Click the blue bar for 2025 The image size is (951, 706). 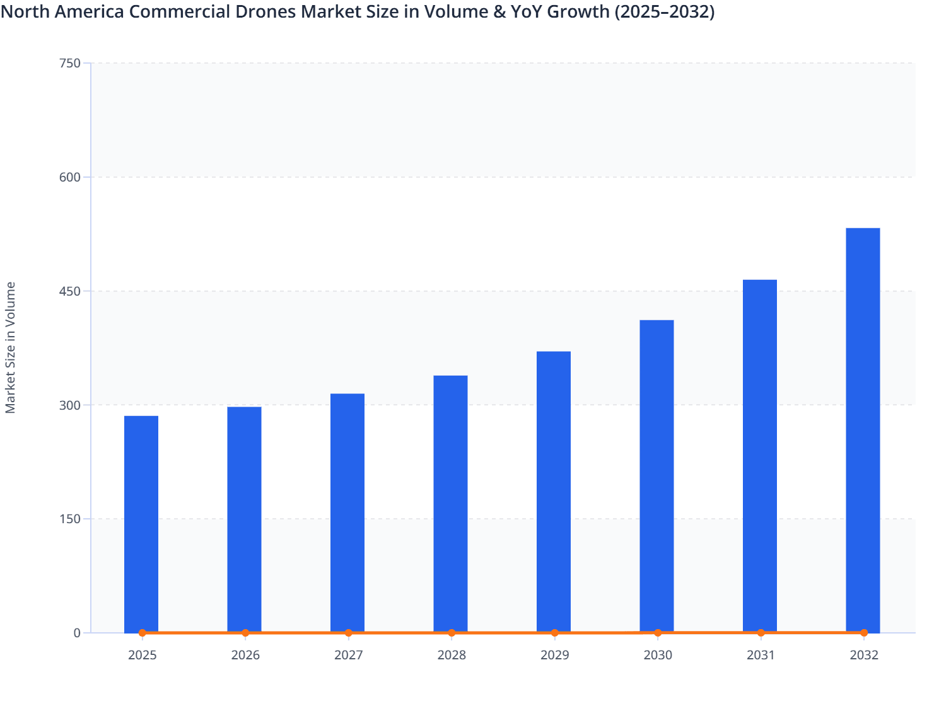point(141,523)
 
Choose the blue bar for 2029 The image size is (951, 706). point(554,491)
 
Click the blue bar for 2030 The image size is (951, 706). point(656,475)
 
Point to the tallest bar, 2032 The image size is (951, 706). point(863,429)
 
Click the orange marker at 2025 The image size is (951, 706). point(142,633)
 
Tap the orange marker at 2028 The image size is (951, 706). point(452,633)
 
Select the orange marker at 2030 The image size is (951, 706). point(658,633)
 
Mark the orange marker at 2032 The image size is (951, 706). point(864,633)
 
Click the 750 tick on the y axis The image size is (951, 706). point(69,63)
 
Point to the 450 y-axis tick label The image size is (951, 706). point(69,291)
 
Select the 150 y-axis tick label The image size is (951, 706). point(69,519)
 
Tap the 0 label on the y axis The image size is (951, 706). point(77,633)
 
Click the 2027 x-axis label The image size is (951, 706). point(348,655)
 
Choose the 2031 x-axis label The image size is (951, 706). point(761,655)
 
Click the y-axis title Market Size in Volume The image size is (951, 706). point(10,347)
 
